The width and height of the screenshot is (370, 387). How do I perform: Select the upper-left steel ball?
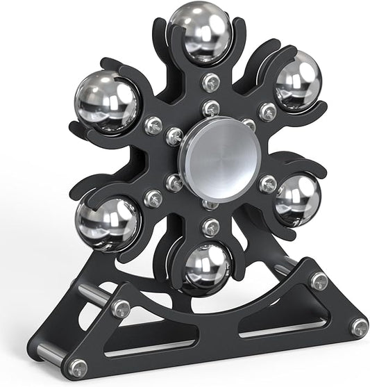point(108,101)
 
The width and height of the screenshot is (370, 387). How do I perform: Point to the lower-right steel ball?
point(296,199)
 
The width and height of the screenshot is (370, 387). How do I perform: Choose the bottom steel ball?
point(208,267)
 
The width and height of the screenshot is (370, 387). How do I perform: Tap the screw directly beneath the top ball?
point(209,83)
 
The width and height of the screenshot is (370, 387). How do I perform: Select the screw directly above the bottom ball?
point(211,227)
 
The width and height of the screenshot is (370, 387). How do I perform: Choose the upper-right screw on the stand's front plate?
point(319,280)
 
